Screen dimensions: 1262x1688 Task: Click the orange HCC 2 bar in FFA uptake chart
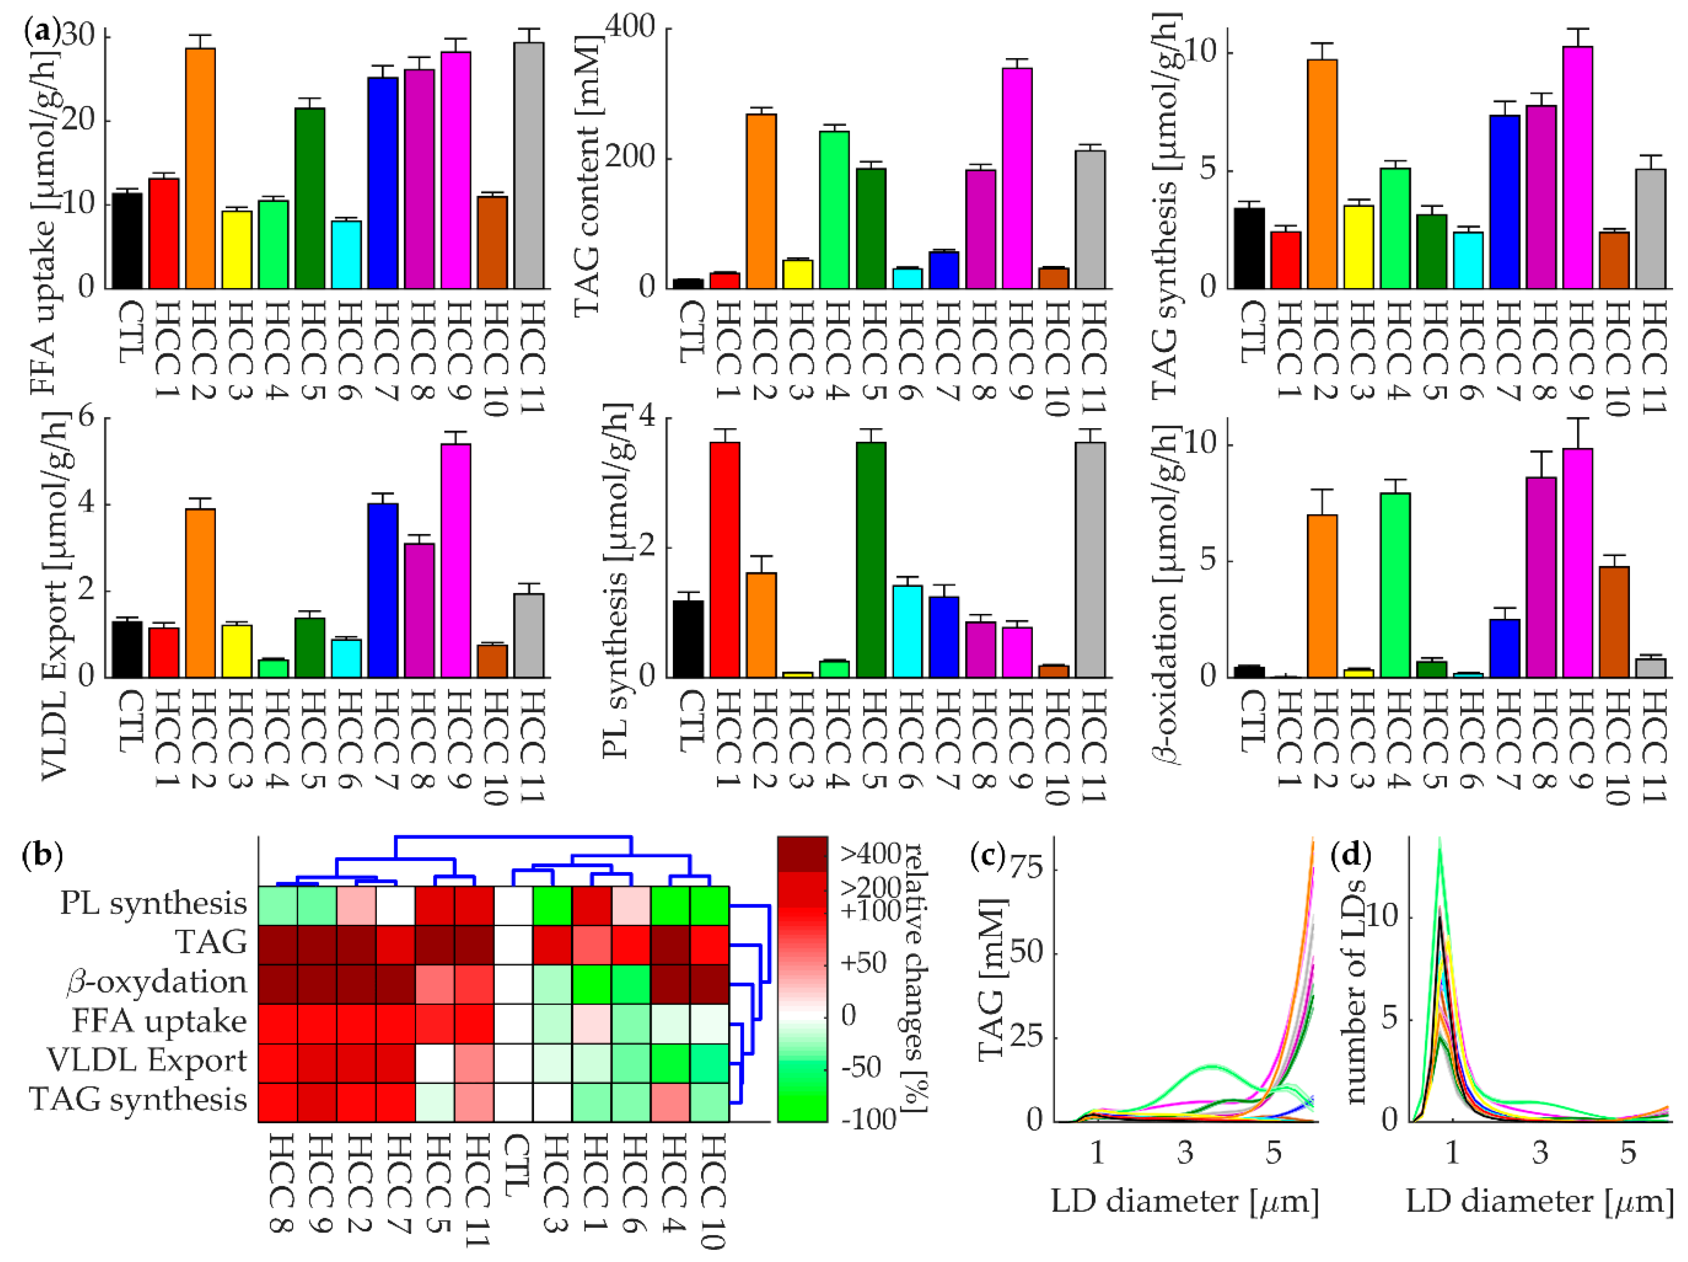click(x=200, y=168)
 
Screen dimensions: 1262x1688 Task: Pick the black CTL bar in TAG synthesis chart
click(x=1249, y=248)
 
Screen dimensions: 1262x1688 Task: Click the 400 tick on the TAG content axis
click(x=630, y=26)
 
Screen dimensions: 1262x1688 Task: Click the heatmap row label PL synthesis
click(x=153, y=903)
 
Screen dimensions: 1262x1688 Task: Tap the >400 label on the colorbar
click(x=871, y=854)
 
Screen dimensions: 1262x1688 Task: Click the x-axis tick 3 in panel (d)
click(x=1540, y=1152)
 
